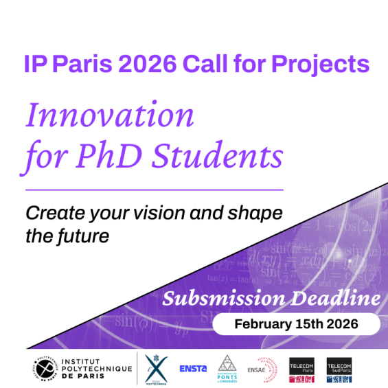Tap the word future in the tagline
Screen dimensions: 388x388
point(80,237)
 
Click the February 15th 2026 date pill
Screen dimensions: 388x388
point(296,323)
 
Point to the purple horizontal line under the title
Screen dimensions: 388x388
point(155,189)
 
